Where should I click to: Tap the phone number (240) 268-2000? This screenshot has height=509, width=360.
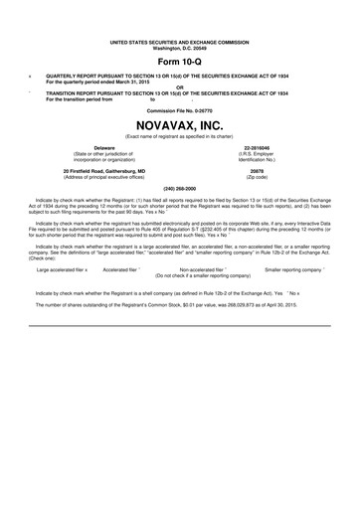tap(180, 187)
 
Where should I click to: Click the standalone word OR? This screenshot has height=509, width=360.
tap(180, 85)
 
